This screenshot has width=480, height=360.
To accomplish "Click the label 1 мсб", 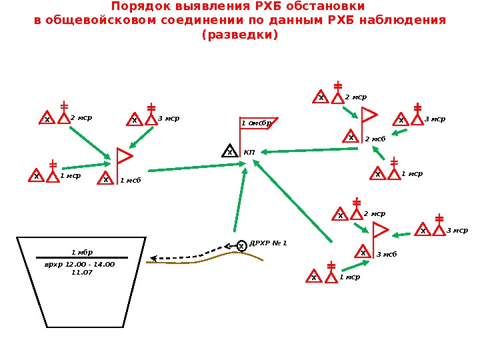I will [x=131, y=180].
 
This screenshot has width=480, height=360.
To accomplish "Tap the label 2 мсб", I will [x=375, y=139].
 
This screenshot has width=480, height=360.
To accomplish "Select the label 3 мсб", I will [x=387, y=255].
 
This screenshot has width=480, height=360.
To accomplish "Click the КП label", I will [x=249, y=153].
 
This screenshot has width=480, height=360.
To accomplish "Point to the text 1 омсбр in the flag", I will [x=257, y=123].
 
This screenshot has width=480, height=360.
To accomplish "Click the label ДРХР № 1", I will [x=268, y=243].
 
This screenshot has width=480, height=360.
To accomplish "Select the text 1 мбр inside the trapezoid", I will [x=82, y=252].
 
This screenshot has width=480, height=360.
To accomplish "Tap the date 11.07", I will [x=81, y=272].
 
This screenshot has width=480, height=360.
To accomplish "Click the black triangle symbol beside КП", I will [x=229, y=151].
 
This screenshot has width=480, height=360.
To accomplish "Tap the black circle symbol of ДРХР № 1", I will [x=242, y=247].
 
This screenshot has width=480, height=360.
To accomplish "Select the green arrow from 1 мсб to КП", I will [x=193, y=165].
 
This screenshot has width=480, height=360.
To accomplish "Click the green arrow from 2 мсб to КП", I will [x=310, y=150].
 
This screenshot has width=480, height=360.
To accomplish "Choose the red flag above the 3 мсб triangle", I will [x=380, y=231].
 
